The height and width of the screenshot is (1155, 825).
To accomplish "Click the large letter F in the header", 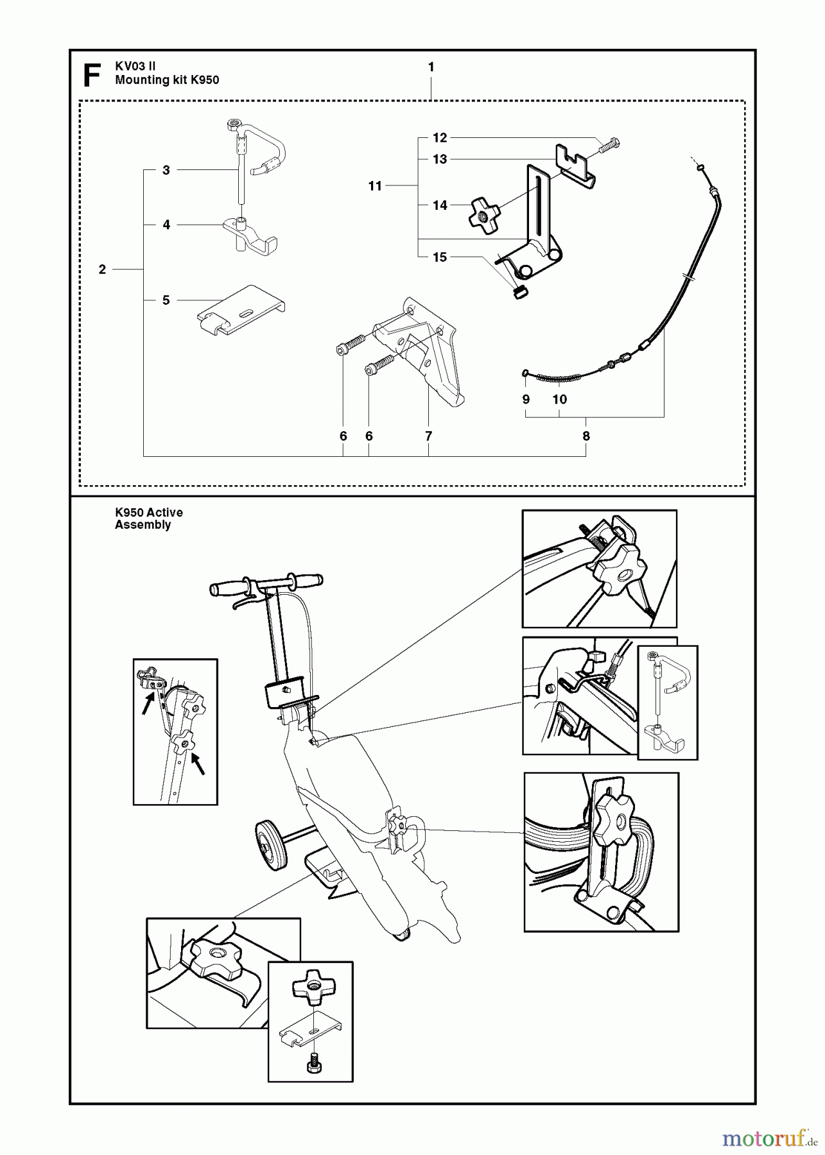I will tap(92, 75).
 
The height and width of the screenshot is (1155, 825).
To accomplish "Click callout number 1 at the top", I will tap(431, 67).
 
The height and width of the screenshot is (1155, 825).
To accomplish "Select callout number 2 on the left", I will tap(102, 269).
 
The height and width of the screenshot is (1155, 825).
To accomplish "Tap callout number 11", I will tap(375, 186).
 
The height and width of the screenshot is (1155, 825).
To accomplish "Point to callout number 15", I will tap(439, 257).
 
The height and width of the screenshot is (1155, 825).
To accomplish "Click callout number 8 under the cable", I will tap(586, 436).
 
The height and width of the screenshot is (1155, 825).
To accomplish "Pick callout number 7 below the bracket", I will tap(428, 436).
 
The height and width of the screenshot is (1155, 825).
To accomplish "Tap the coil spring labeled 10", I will tap(560, 379).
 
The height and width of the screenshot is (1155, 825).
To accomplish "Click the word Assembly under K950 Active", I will tap(143, 525).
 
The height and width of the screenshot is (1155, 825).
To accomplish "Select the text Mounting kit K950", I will tap(167, 80).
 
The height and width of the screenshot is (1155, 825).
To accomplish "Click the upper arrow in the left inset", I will tap(148, 705).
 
